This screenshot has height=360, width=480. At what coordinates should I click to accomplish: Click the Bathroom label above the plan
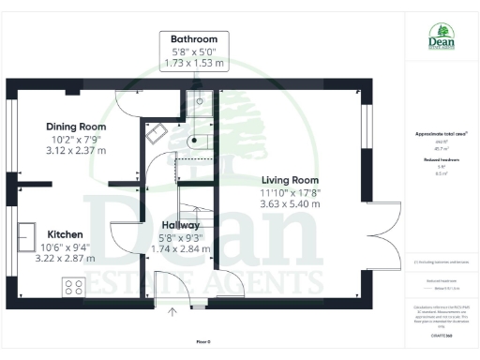194,38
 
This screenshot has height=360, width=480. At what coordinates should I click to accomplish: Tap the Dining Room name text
77,127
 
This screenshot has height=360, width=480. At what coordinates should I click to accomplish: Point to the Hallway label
180,226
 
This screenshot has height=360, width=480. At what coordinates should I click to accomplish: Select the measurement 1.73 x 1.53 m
194,63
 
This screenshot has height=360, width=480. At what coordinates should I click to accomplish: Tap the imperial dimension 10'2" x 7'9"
77,139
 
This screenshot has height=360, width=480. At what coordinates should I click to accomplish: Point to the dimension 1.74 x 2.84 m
180,250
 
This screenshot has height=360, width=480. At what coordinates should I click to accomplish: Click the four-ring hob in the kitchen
74,286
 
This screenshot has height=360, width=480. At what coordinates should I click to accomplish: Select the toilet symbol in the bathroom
194,140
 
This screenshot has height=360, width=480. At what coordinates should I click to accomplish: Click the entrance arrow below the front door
172,312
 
